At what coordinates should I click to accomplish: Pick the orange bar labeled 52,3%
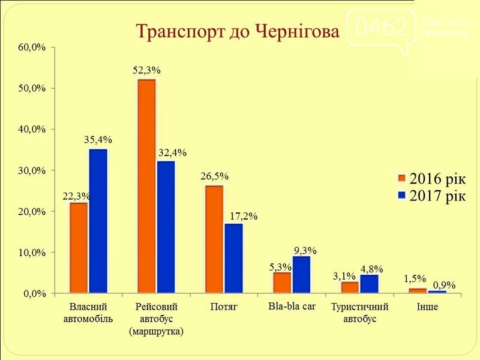point(146,186)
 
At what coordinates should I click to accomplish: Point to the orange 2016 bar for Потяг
point(214,239)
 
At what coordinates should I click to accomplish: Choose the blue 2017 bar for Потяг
point(234,259)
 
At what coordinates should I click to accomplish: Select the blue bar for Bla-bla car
point(302,275)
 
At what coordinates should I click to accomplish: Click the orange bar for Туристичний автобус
point(350,287)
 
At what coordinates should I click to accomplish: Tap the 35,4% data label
point(98,140)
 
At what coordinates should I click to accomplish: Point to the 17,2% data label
point(244,216)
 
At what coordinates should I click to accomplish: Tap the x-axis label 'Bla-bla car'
point(292,306)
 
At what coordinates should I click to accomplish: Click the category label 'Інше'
point(427,307)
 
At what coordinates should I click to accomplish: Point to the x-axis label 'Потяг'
point(224,307)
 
